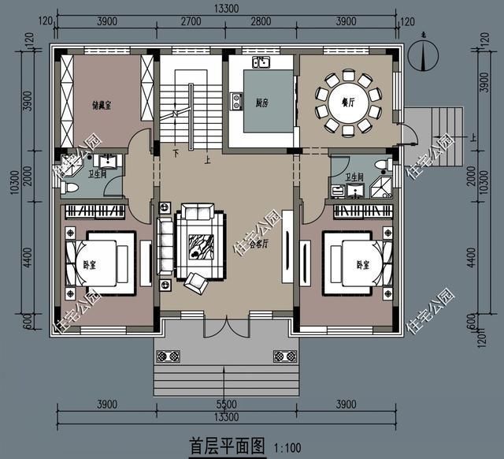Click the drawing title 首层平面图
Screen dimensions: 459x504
click(228, 446)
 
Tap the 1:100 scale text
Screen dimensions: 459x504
click(289, 448)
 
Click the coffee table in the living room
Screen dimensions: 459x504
click(194, 244)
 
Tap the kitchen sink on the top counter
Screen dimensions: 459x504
click(261, 62)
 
